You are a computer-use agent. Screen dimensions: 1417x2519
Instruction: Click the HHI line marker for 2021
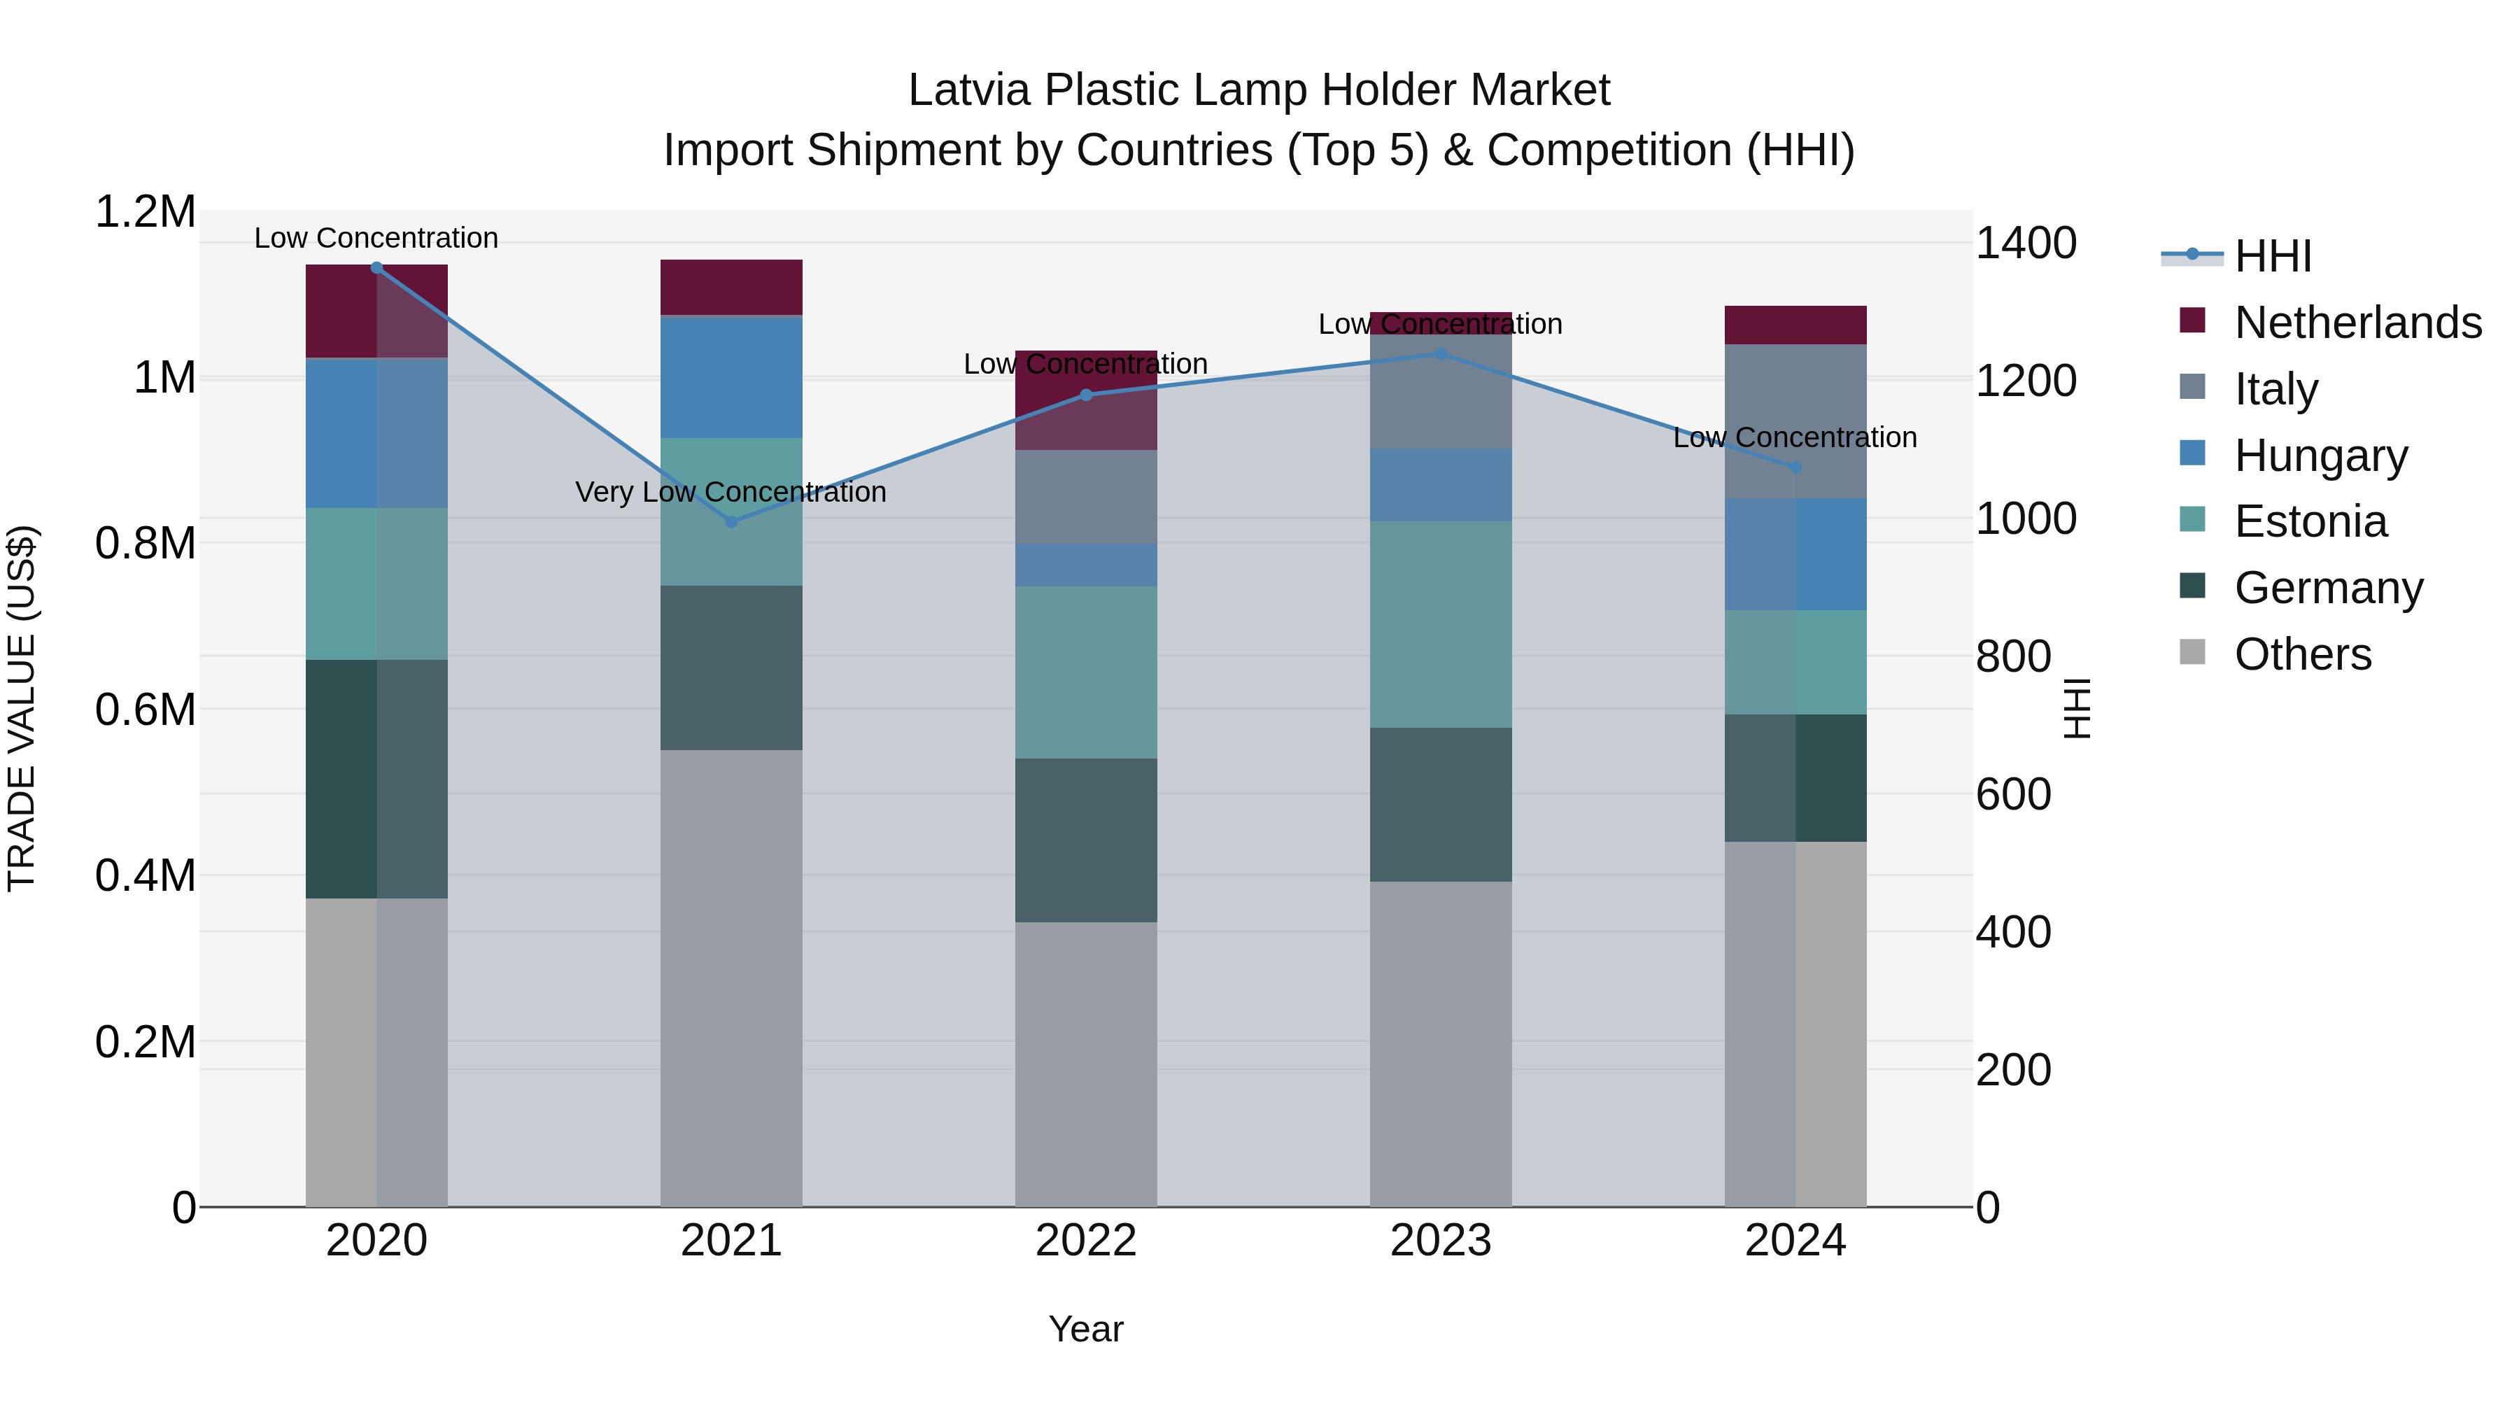coord(731,521)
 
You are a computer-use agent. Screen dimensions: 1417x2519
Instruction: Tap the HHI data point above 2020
coord(376,267)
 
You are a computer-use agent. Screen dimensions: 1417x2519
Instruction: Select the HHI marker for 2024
coord(1795,467)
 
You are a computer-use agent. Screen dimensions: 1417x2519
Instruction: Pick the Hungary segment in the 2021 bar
coord(731,376)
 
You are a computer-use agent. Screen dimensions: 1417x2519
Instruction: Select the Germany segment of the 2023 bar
coord(1441,804)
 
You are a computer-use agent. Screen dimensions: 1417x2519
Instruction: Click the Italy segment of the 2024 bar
coord(1795,421)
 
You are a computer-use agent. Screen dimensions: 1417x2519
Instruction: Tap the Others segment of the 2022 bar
coord(1085,1064)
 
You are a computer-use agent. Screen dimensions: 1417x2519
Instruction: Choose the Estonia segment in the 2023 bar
coord(1441,624)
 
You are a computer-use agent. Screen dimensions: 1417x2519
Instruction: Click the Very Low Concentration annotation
coord(731,492)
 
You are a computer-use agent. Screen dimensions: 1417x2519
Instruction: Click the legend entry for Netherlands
coord(2357,323)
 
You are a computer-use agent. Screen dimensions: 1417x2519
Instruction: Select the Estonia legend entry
coord(2310,521)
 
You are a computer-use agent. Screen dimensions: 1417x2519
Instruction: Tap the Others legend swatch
coord(2192,652)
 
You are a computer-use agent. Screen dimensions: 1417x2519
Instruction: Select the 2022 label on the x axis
coord(1085,1241)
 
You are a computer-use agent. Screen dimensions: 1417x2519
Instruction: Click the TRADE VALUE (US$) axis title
coord(22,708)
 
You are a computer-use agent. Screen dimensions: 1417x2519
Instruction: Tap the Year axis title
coord(1085,1329)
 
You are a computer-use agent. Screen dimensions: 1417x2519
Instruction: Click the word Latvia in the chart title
coord(968,90)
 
